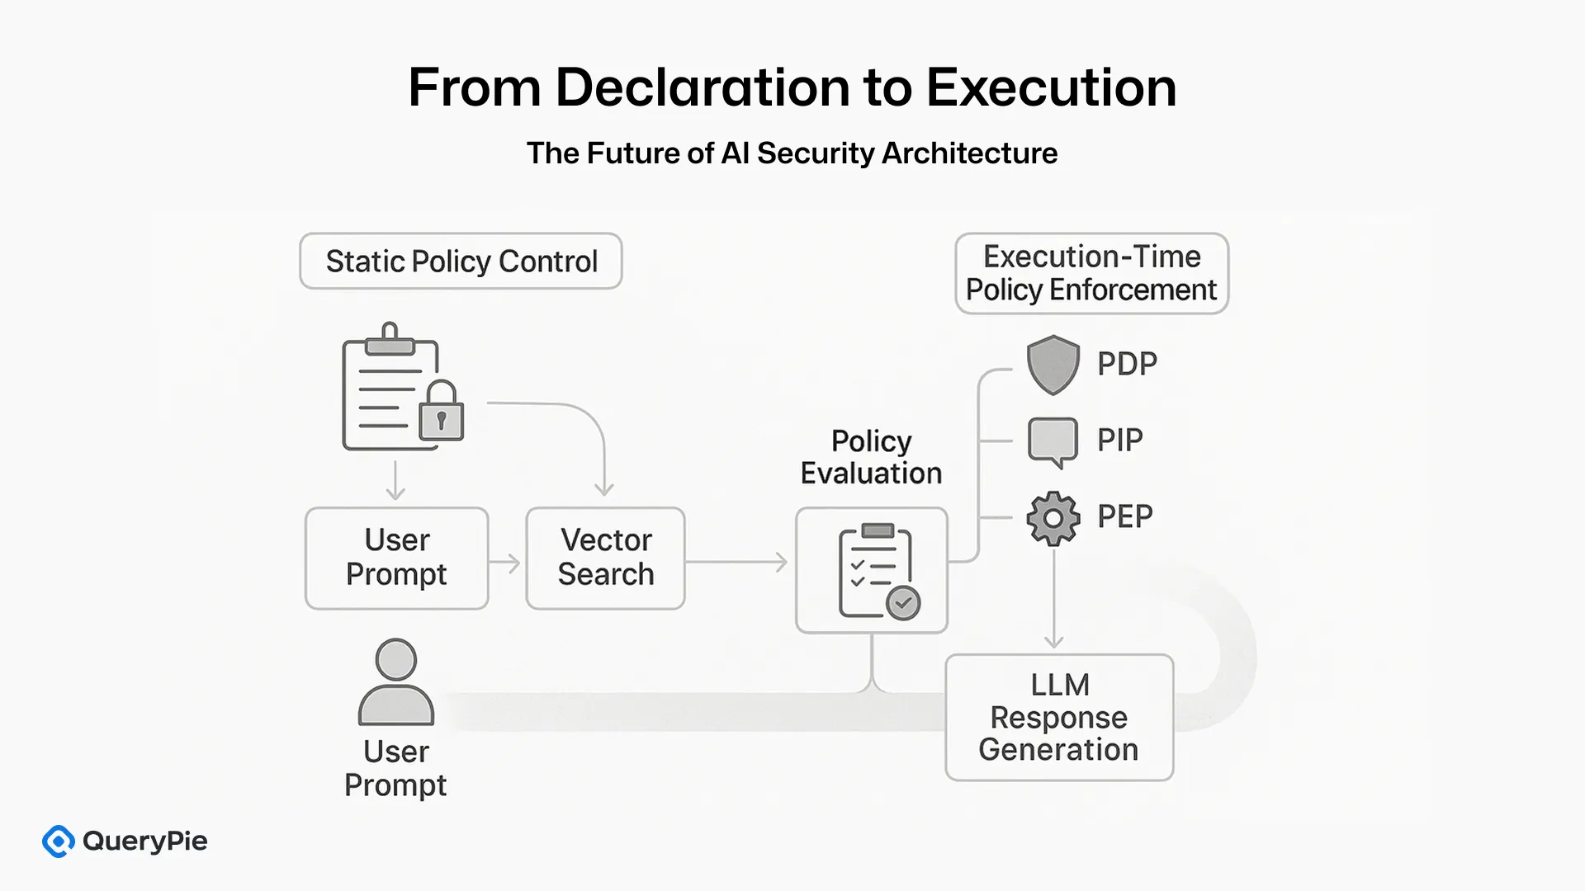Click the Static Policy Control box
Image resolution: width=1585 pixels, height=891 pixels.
[461, 262]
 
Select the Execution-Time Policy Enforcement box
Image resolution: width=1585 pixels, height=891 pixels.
[1091, 273]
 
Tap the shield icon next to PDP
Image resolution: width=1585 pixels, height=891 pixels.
[1053, 364]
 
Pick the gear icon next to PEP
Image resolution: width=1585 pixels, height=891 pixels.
[1053, 518]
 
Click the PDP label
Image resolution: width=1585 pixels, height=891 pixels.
[1127, 364]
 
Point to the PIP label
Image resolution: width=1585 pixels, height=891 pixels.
[1119, 441]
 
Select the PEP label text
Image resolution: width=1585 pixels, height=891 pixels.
[1124, 517]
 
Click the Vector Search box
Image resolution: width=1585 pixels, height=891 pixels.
[605, 558]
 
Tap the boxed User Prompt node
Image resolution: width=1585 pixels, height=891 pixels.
[396, 558]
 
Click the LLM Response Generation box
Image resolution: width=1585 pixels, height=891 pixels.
[1058, 717]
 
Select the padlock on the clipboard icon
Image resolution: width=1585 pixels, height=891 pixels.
[441, 412]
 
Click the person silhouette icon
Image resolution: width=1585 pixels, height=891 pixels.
[396, 683]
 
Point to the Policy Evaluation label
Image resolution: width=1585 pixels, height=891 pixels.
[871, 457]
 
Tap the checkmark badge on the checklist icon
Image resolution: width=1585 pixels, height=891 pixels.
[903, 603]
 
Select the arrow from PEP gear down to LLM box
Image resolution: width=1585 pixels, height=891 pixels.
[1053, 598]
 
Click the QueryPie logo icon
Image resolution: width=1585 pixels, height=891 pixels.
[59, 841]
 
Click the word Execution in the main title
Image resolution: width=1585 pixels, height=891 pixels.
[1051, 87]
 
